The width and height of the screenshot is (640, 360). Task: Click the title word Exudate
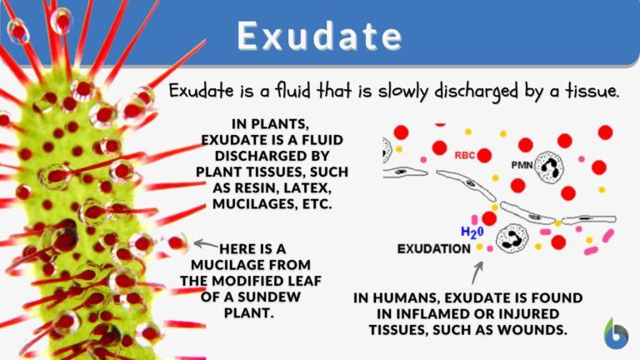click(x=319, y=36)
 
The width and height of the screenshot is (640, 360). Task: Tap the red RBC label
click(x=466, y=154)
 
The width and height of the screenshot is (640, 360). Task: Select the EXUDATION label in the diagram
click(x=432, y=248)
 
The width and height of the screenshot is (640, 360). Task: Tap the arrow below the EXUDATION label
click(x=477, y=272)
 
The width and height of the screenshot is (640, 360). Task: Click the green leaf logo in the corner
click(x=616, y=332)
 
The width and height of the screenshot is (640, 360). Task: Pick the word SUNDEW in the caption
click(x=251, y=297)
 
